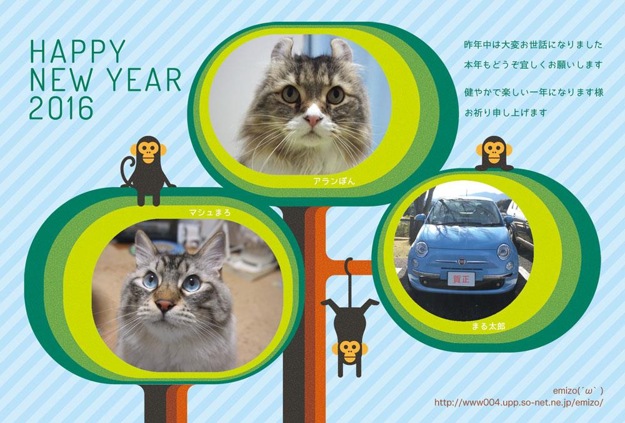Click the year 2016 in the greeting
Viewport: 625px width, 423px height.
coord(61,108)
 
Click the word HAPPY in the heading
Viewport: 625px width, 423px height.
coord(78,51)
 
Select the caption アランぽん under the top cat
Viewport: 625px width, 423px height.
coord(334,181)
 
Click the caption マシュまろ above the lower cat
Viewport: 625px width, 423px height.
coord(209,213)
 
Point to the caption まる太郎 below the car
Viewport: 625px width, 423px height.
coord(488,327)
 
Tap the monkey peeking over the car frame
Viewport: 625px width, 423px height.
coord(494,153)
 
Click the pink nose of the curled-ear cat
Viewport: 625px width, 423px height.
coord(313,120)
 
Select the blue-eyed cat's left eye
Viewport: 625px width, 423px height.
coord(150,280)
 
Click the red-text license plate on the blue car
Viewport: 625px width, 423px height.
coord(461,279)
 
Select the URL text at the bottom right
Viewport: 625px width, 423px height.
coord(519,402)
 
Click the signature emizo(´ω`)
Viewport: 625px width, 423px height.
coord(578,390)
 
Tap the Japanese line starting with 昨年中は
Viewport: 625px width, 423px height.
coord(533,44)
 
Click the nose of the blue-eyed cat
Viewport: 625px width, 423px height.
coord(165,305)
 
